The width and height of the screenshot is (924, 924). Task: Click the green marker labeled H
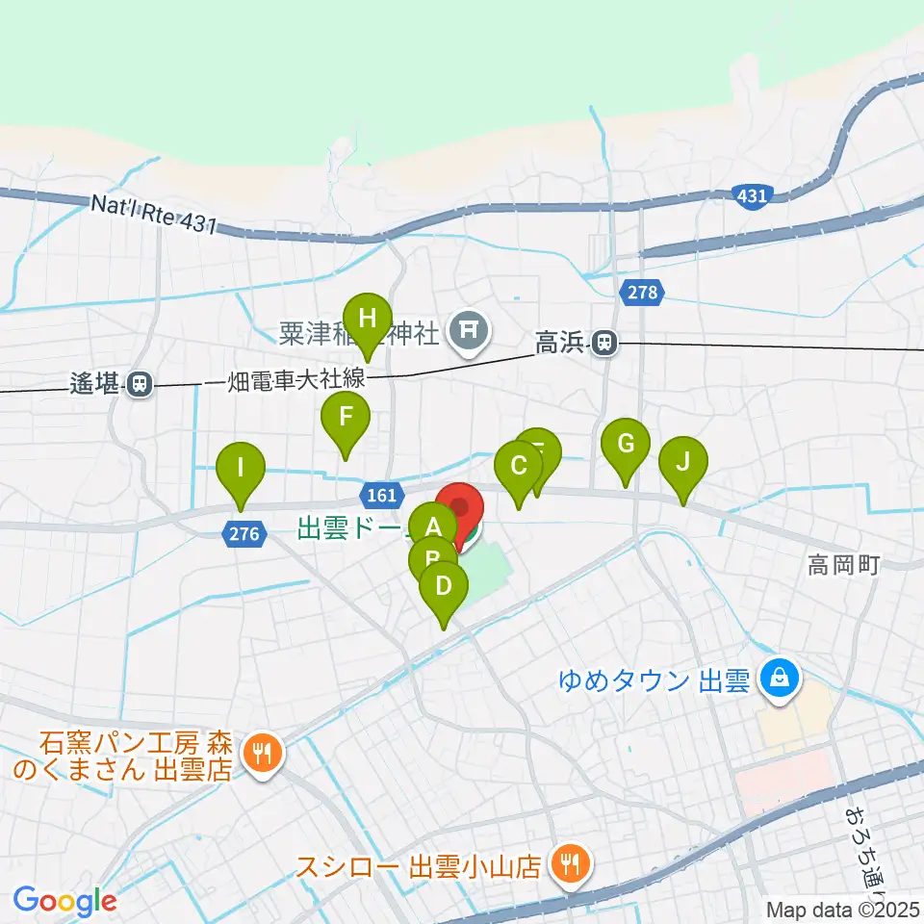(x=367, y=318)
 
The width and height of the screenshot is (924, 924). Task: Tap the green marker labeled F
(x=345, y=418)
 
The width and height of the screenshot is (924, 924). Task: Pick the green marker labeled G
(x=626, y=445)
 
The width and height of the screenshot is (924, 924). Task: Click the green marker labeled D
(x=443, y=586)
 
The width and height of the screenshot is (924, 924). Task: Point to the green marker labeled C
(x=519, y=468)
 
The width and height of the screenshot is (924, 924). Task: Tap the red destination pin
(x=461, y=509)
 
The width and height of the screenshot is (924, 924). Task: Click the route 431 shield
(x=753, y=196)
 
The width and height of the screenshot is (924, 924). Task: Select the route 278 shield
(x=643, y=292)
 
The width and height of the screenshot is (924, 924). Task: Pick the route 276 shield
(x=247, y=534)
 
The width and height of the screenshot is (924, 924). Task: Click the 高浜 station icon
(x=605, y=341)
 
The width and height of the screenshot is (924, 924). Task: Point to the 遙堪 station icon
(x=140, y=384)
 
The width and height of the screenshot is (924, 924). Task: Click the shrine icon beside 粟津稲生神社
(x=469, y=333)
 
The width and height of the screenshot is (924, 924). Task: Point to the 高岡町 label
(x=843, y=567)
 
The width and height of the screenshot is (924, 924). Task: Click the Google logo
(x=64, y=901)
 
